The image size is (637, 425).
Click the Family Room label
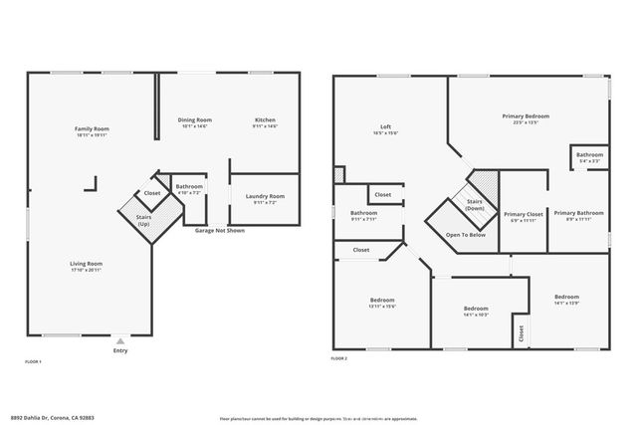point(93,129)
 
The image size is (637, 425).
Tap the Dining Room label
point(195,120)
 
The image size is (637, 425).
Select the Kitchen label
point(265,120)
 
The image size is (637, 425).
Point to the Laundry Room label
point(265,196)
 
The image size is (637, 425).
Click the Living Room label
point(86,264)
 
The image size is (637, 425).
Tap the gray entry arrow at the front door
point(120,339)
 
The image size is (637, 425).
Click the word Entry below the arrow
point(120,350)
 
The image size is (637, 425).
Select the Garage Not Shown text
point(219,230)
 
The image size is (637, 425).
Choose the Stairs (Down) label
point(474,204)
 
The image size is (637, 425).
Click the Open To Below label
point(465,235)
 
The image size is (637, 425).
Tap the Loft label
point(386,127)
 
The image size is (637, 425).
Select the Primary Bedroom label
point(525,116)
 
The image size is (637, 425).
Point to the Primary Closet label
point(523,214)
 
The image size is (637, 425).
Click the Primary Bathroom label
point(578,213)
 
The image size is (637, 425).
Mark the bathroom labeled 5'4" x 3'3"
point(589,155)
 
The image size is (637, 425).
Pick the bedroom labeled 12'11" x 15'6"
point(383,301)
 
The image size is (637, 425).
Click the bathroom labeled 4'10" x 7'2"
point(189,187)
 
